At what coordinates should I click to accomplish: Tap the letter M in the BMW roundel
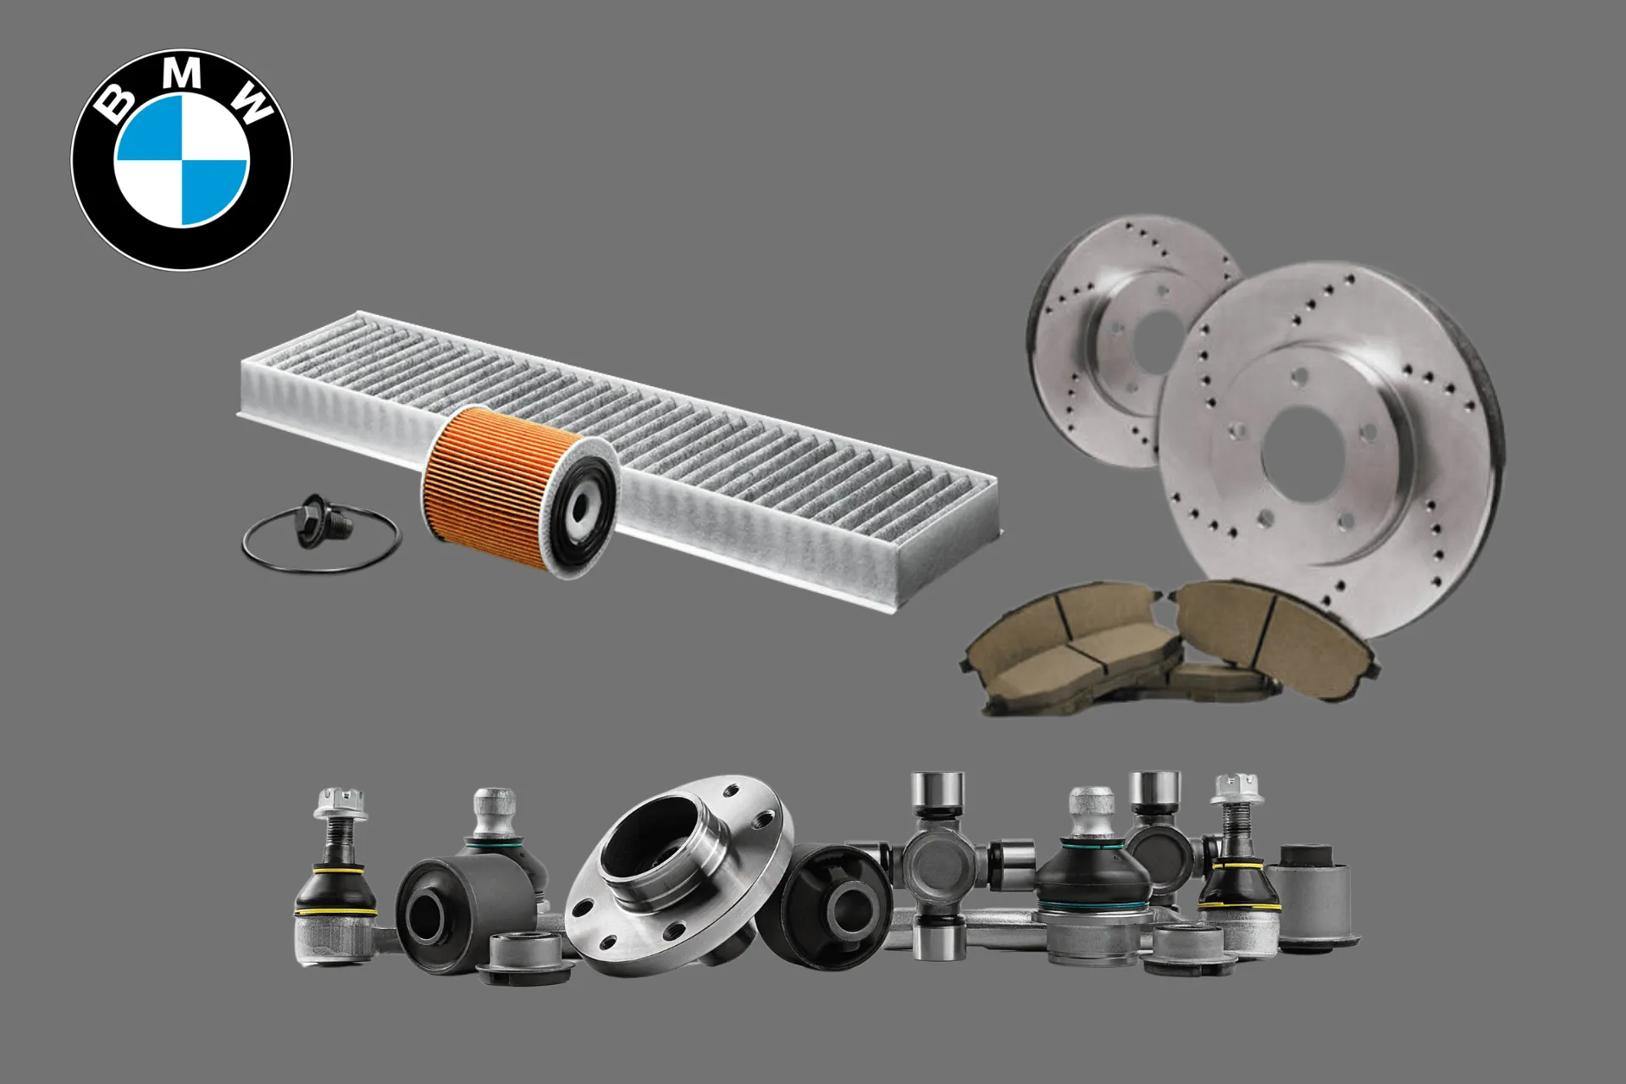pos(180,75)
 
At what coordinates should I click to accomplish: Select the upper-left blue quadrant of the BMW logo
pos(148,127)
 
